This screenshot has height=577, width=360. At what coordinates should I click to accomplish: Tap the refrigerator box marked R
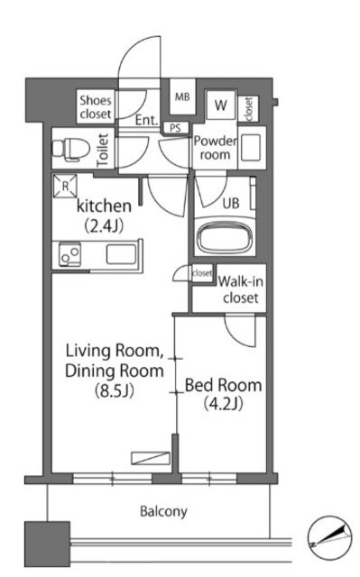pyautogui.click(x=65, y=187)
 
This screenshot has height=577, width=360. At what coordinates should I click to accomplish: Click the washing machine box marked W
pyautogui.click(x=221, y=105)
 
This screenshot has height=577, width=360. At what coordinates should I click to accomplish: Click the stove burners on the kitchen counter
pyautogui.click(x=70, y=254)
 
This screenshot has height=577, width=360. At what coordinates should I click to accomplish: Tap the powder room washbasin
pyautogui.click(x=251, y=148)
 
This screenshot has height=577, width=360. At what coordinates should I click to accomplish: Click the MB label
pyautogui.click(x=182, y=96)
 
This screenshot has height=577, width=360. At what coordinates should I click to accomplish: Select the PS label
pyautogui.click(x=176, y=128)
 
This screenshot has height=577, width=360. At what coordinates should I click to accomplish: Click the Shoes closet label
pyautogui.click(x=96, y=106)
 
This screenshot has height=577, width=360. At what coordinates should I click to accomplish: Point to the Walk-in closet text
pyautogui.click(x=240, y=289)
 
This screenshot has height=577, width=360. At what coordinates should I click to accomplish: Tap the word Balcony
pyautogui.click(x=163, y=511)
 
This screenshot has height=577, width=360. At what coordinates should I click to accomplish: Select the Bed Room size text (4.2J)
pyautogui.click(x=224, y=404)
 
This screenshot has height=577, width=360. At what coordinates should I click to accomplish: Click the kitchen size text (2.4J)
pyautogui.click(x=104, y=225)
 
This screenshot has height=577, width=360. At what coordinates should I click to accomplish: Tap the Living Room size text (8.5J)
pyautogui.click(x=114, y=390)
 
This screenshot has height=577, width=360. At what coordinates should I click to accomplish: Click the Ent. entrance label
pyautogui.click(x=146, y=120)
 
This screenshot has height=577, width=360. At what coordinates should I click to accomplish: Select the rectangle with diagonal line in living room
pyautogui.click(x=151, y=458)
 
